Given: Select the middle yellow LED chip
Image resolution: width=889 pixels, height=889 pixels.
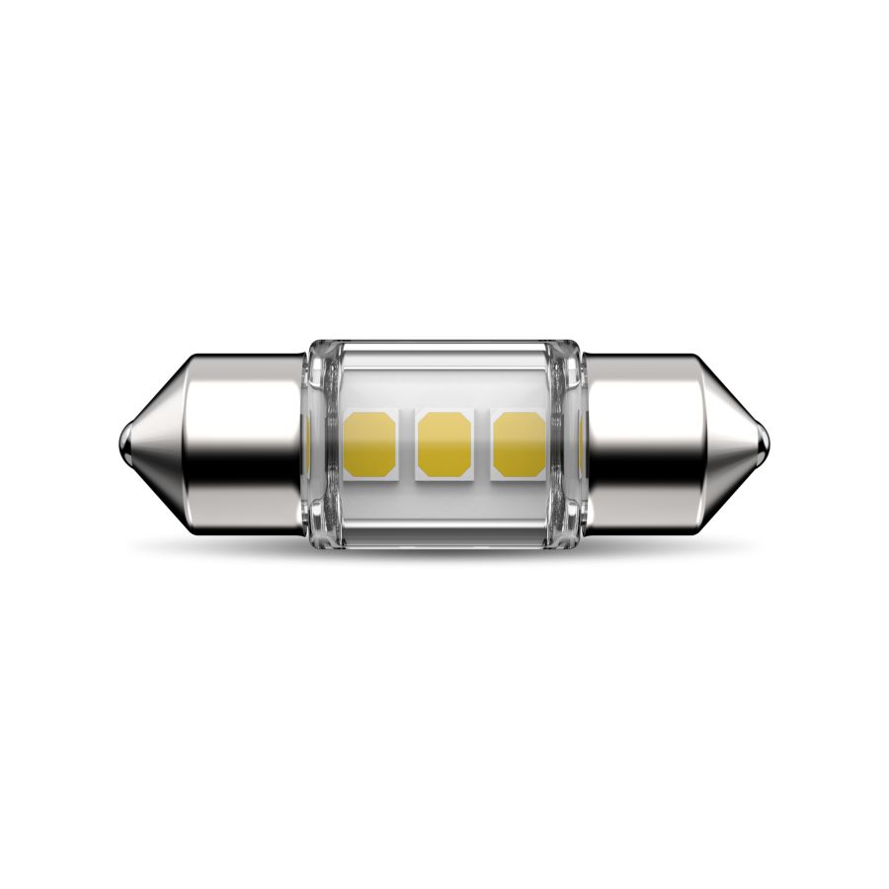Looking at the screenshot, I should tap(444, 444).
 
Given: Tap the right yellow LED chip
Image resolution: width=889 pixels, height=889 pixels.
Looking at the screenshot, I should tap(519, 444).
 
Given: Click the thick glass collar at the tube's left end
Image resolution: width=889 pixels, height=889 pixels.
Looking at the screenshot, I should tap(318, 444).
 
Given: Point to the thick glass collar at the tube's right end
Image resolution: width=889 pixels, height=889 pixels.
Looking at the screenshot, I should tap(570, 444).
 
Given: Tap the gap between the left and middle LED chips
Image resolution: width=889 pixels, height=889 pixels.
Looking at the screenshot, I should tap(406, 444).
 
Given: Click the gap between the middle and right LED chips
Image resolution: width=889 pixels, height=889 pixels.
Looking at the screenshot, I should tap(481, 444).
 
